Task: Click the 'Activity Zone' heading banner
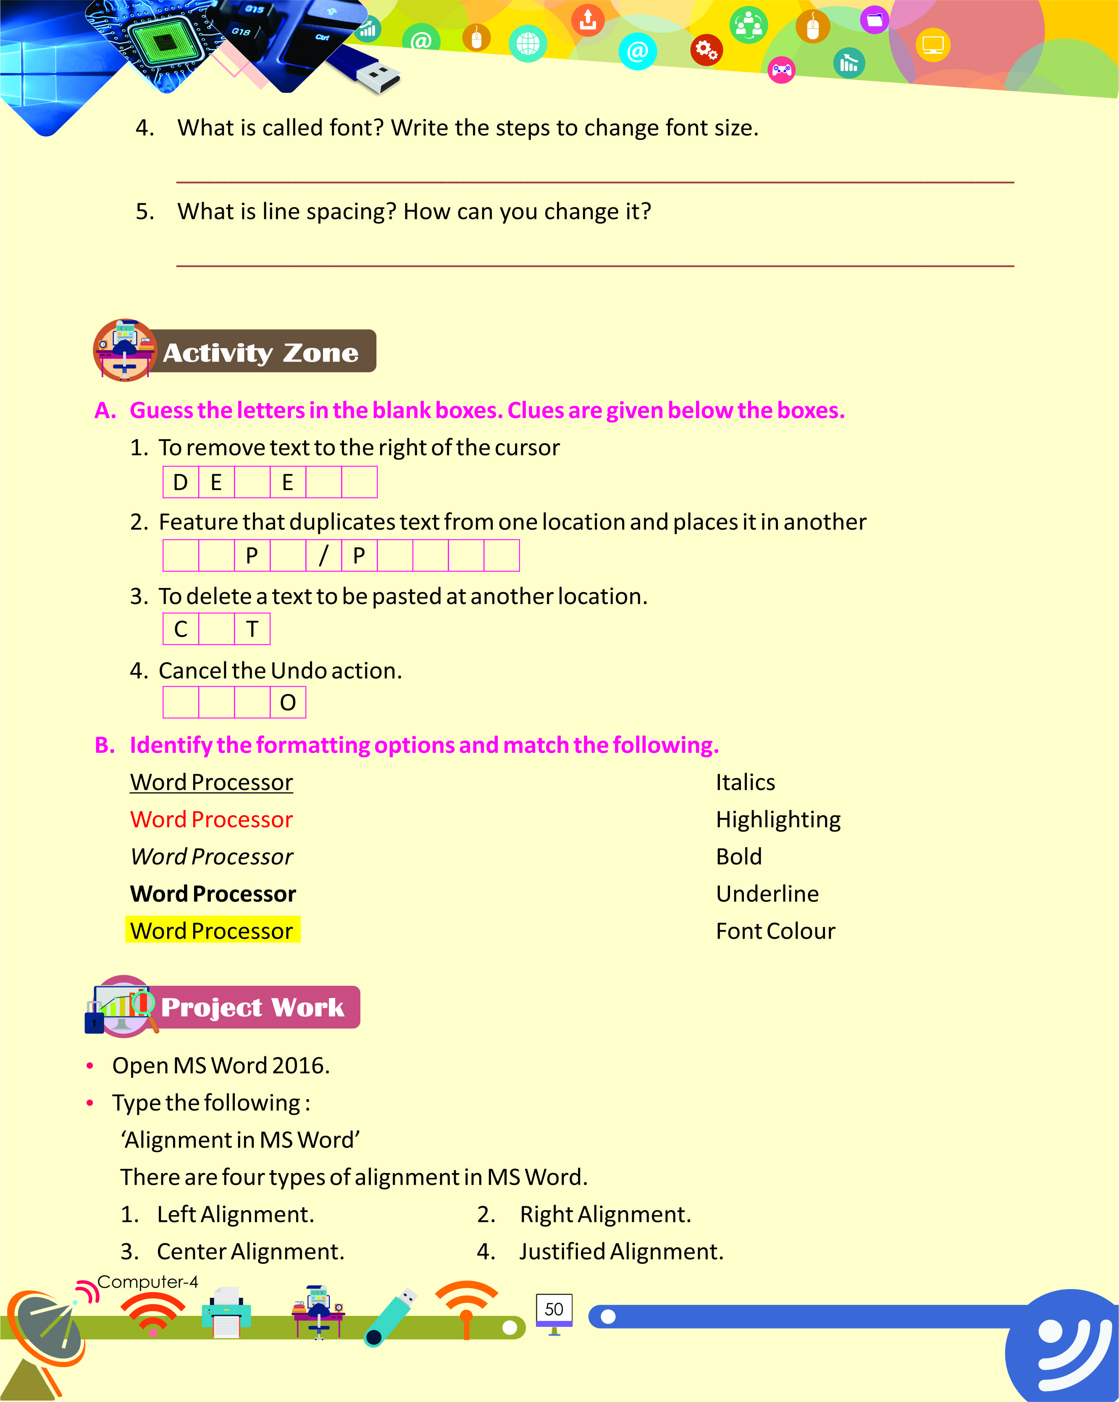click(260, 352)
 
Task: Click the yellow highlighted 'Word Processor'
click(212, 931)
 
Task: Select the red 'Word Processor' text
click(212, 819)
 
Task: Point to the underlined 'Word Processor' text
click(212, 782)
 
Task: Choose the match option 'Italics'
click(745, 782)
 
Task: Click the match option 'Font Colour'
click(775, 931)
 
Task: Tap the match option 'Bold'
click(738, 856)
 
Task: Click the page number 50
click(554, 1309)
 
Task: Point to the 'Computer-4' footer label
click(147, 1282)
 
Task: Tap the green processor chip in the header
click(163, 40)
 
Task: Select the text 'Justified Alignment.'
click(621, 1251)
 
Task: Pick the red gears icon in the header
click(706, 50)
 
